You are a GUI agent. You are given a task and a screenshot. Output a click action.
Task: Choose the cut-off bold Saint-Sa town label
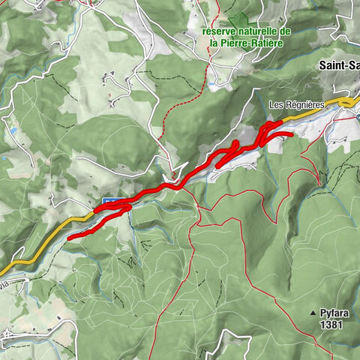click(x=338, y=64)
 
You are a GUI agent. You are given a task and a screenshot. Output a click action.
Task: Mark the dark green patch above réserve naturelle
click(x=238, y=19)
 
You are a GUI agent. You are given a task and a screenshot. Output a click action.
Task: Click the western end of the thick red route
click(x=70, y=238)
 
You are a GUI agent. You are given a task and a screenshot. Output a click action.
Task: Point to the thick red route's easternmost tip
click(x=290, y=133)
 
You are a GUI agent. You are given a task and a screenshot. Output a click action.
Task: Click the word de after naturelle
click(x=284, y=32)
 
